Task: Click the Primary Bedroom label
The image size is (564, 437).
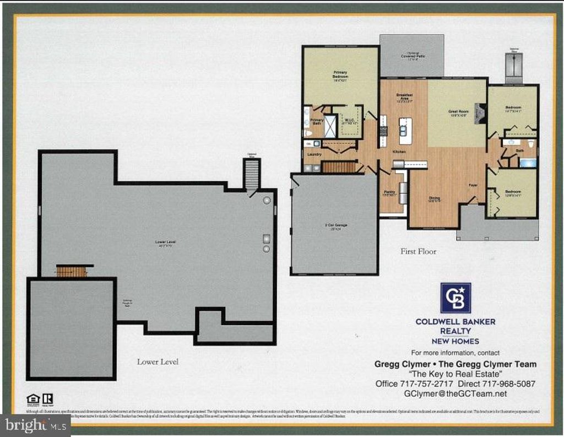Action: tap(340, 76)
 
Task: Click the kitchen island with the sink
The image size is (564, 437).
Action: tap(405, 131)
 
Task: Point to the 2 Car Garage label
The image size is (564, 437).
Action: tap(335, 226)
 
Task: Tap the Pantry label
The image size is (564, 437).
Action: tap(389, 193)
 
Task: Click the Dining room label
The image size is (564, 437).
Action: tap(435, 199)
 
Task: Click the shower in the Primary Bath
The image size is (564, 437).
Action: tap(330, 126)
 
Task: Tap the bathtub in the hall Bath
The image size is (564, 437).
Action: tap(527, 163)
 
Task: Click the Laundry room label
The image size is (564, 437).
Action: tap(314, 154)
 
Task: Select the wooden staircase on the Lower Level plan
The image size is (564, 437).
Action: tap(72, 271)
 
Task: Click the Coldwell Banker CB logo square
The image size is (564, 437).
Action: tap(455, 298)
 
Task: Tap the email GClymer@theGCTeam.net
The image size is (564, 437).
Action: tap(455, 393)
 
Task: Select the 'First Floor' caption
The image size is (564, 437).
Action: tap(418, 251)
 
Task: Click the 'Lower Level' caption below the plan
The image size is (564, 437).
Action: tap(158, 362)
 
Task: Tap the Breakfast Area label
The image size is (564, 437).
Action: tap(405, 98)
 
